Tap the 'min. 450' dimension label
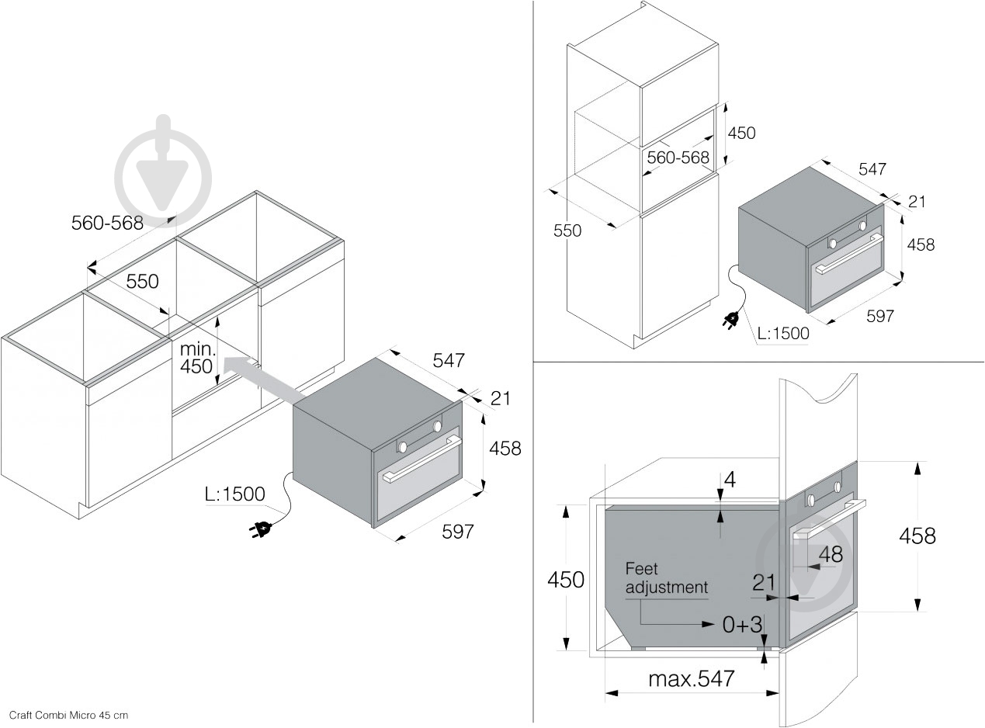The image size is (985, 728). coord(196,357)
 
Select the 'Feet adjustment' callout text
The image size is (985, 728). coord(666,578)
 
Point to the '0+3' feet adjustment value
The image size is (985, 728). coord(743,624)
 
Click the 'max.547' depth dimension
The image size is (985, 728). coord(691,679)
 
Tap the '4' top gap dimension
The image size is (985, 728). coord(729,480)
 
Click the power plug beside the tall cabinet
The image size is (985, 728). coord(731,319)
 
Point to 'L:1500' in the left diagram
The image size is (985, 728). coord(234,494)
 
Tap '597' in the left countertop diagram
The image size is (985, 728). coord(458,532)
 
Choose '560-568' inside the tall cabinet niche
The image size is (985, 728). coord(678,158)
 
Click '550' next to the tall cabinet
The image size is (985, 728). coord(567,231)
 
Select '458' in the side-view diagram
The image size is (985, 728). coord(917,536)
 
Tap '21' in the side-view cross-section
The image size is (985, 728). coord(765,581)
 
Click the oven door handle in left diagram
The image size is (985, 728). coord(419,467)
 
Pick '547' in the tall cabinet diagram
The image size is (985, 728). coord(872,169)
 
